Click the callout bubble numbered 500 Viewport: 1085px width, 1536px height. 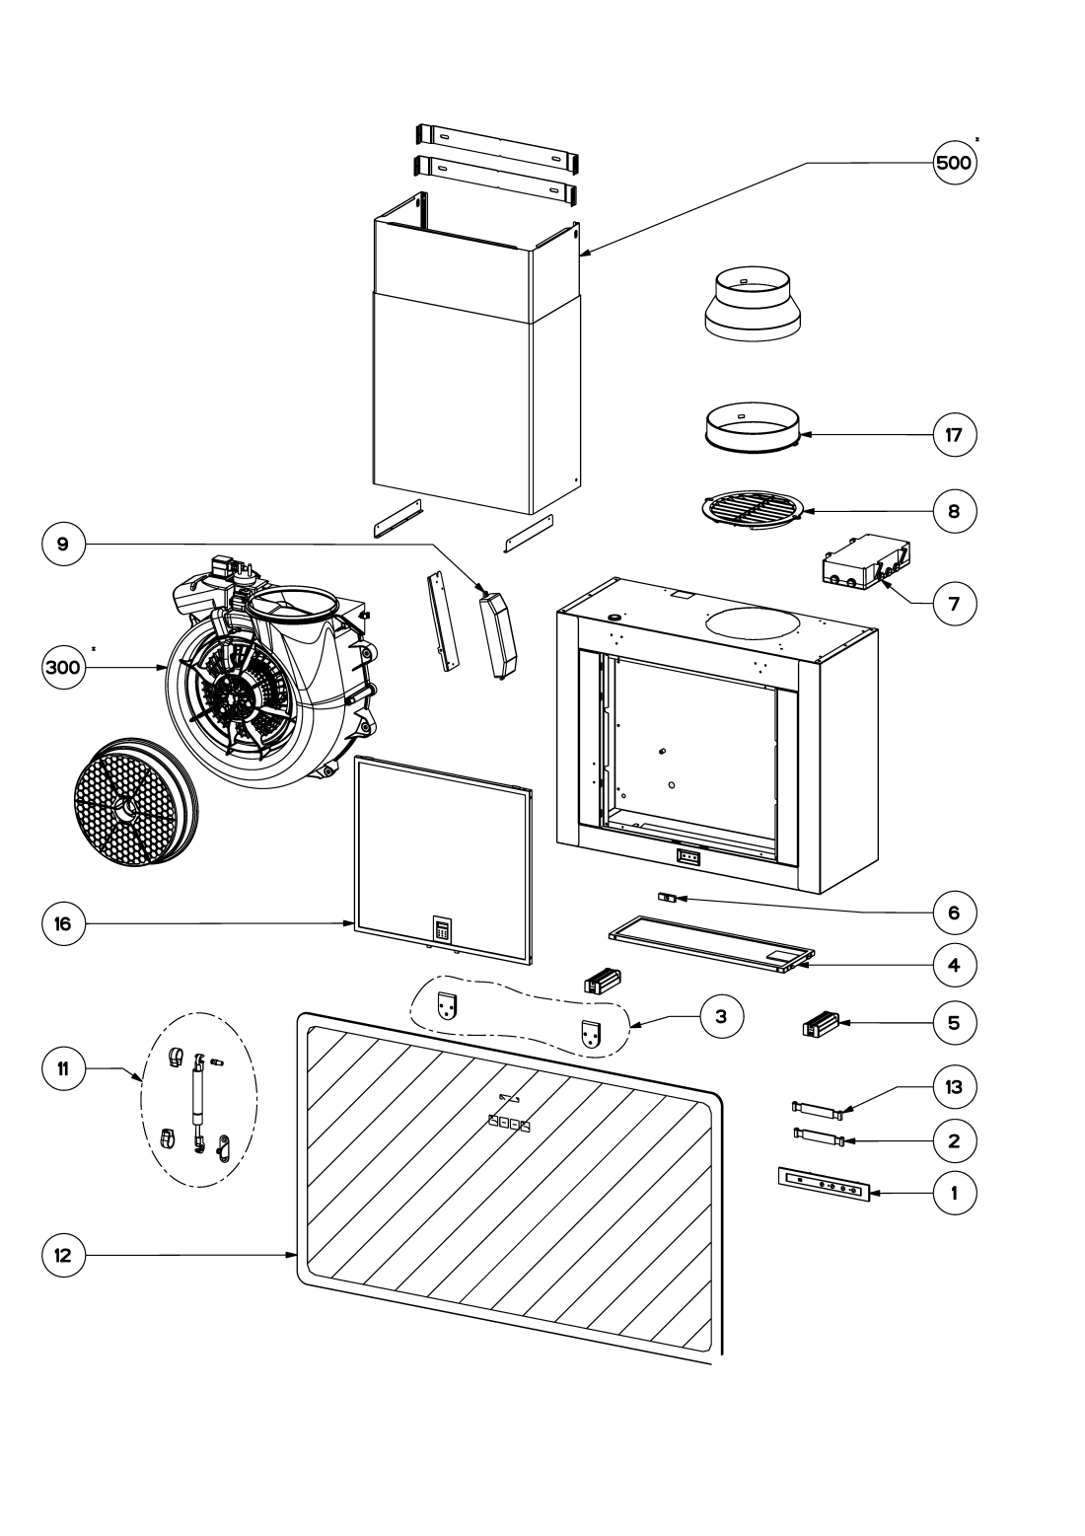(954, 164)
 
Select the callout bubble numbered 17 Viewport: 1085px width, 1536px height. (954, 435)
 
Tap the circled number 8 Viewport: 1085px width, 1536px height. (954, 511)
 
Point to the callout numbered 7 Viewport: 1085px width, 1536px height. (954, 603)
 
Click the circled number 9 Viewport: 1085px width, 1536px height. (64, 545)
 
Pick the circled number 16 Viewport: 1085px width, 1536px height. (64, 924)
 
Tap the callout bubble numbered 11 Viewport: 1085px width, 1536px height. (64, 1068)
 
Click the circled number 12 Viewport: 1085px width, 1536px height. (64, 1256)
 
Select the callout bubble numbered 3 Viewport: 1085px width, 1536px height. (721, 1017)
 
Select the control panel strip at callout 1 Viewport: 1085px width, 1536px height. (822, 1185)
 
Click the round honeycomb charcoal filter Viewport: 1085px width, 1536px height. (130, 802)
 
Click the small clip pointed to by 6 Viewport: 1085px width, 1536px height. (668, 898)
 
